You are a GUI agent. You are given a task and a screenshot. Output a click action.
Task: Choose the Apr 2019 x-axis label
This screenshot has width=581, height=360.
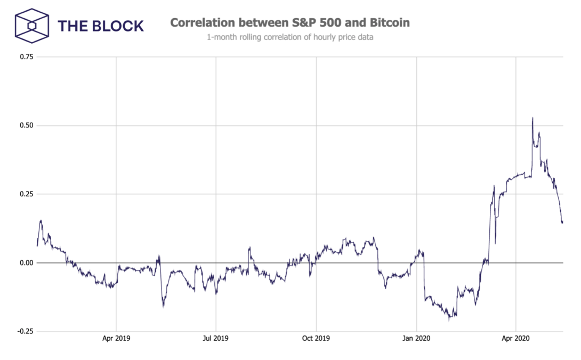tap(116, 338)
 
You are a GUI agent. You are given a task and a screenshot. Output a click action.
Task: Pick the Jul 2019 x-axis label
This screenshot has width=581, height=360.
tap(216, 338)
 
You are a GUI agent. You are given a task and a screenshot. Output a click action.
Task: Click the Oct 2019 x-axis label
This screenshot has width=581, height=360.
tap(316, 338)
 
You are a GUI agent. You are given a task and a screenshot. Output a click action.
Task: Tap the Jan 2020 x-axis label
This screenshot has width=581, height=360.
tap(416, 338)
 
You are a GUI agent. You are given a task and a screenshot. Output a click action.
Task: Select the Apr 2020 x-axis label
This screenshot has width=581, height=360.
tap(516, 338)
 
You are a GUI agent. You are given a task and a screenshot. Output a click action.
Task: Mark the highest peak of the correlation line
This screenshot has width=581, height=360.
tap(532, 118)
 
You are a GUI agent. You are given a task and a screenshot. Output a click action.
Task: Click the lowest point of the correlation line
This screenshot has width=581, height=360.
tap(449, 321)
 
